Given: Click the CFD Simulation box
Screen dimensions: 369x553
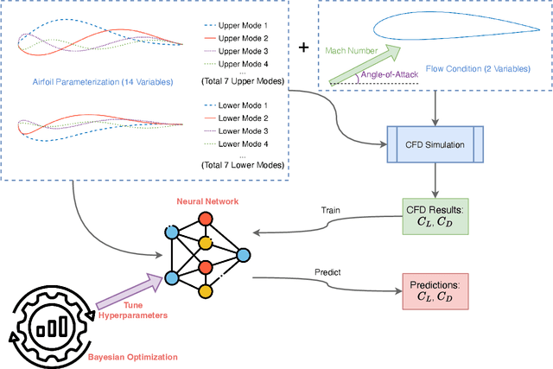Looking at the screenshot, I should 428,144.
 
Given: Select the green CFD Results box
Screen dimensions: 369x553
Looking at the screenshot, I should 434,217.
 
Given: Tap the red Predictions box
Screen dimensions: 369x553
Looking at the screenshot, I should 434,290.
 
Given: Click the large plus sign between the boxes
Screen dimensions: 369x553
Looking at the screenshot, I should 303,47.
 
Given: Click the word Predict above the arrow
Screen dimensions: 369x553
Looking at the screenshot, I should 328,272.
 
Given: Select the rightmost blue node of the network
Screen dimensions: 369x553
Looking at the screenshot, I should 244,255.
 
